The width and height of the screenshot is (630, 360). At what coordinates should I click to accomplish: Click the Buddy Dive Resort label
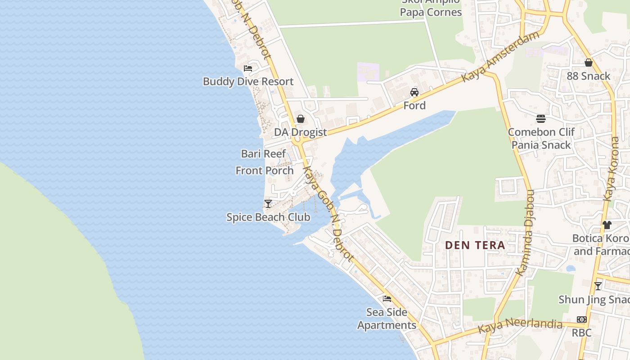tap(248, 81)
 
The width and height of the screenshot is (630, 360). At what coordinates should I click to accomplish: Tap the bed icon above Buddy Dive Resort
tap(248, 68)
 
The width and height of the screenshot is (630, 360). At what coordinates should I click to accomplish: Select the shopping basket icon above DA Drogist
tap(300, 119)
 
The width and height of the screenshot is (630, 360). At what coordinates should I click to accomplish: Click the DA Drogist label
tap(300, 132)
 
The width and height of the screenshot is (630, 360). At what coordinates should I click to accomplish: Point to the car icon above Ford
tap(414, 92)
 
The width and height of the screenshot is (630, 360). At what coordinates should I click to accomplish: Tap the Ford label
tap(414, 105)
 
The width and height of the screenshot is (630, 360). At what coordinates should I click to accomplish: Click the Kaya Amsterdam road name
tap(500, 57)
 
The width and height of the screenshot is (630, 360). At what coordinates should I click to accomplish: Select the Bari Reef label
tap(263, 153)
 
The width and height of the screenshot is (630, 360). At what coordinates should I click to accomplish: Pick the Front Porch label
tap(265, 171)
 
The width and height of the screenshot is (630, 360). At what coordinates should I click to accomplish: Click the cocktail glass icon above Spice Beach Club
tap(268, 204)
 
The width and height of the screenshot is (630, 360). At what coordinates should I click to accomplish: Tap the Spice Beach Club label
tap(268, 217)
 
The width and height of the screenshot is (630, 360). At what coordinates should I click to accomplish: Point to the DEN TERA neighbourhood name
tap(475, 245)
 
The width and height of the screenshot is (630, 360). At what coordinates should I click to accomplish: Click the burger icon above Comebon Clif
tap(541, 119)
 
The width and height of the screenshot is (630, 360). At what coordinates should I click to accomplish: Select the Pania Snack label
tap(541, 145)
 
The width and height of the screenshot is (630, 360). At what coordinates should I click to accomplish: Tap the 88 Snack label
tap(588, 76)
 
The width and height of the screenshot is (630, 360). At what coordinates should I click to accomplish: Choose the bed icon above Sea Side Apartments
tap(387, 299)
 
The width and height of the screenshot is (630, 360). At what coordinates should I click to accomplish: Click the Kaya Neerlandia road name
tap(520, 326)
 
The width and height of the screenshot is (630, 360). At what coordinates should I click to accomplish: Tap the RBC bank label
tap(581, 333)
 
